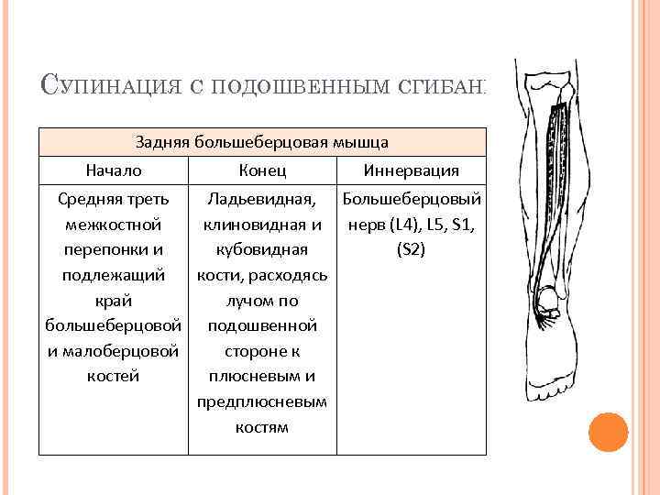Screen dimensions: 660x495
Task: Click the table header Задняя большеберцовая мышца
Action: (x=261, y=142)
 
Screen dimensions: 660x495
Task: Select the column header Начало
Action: (x=114, y=171)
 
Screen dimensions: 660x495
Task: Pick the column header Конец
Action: (x=262, y=171)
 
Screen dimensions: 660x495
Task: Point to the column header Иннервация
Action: (x=412, y=171)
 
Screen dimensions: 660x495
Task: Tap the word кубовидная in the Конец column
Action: (x=262, y=249)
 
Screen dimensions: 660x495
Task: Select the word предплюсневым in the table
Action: (x=262, y=401)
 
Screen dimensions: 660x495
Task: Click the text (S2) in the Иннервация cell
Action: (x=412, y=249)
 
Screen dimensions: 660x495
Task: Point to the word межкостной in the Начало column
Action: (x=114, y=225)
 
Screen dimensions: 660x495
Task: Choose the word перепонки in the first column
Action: (x=114, y=249)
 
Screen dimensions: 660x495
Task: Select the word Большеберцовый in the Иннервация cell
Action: (x=412, y=199)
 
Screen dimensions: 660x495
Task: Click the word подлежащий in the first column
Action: (x=114, y=275)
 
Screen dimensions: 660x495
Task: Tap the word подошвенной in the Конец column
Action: (x=262, y=325)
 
